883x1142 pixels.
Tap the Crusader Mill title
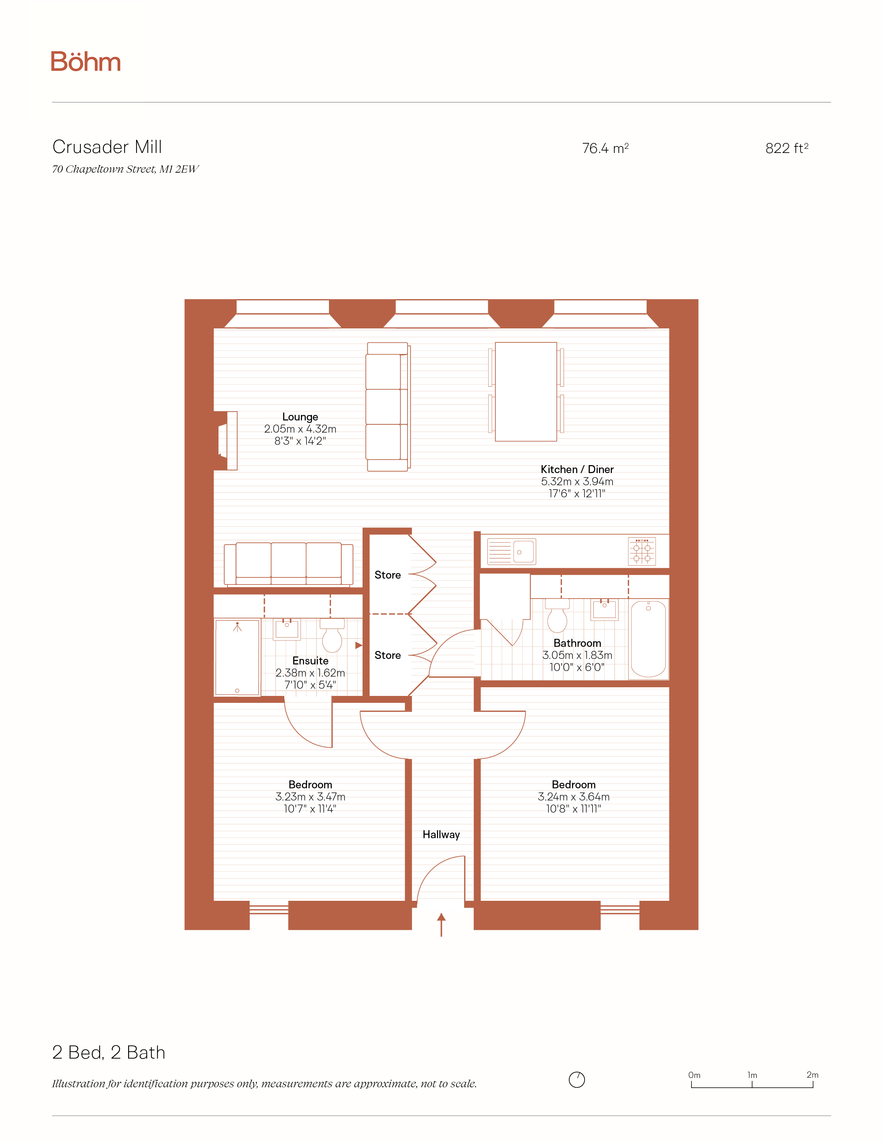107,147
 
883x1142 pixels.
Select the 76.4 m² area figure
605,148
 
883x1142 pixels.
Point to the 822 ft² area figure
787,148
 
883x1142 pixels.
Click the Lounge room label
300,417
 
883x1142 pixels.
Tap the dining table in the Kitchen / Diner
526,392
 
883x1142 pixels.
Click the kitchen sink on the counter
511,552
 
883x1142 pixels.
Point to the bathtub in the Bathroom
648,639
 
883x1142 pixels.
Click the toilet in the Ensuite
332,635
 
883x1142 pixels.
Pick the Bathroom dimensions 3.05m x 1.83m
577,655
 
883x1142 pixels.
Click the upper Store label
387,575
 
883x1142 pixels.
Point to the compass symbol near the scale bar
577,1079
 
